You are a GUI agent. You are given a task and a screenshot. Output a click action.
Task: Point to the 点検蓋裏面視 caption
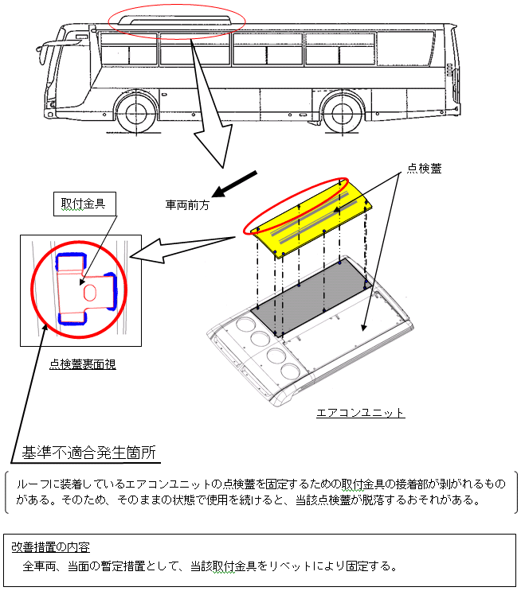coord(82,364)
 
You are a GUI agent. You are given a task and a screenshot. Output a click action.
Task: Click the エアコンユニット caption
coord(360,413)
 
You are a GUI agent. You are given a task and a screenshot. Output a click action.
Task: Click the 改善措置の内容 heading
coord(50,547)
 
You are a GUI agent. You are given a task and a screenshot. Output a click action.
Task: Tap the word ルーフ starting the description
coord(29,484)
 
